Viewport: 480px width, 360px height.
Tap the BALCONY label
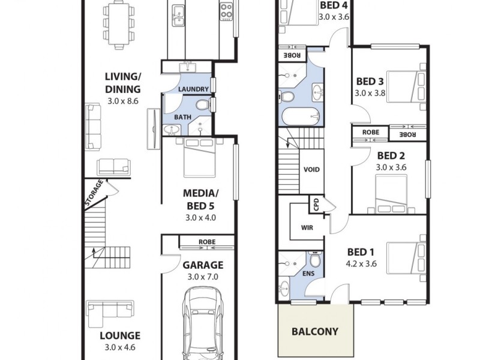(314, 331)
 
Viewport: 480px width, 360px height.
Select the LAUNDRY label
(193, 89)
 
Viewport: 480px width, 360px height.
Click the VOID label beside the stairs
(312, 169)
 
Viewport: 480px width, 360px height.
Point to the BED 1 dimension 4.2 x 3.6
(361, 263)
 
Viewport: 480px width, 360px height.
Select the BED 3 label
(370, 82)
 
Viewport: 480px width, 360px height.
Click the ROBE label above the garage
(207, 242)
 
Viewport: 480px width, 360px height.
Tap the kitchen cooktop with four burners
(226, 11)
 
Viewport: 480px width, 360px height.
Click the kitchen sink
(178, 15)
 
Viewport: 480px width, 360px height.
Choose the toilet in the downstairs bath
(202, 105)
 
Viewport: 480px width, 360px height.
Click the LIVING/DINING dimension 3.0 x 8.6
(123, 101)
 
